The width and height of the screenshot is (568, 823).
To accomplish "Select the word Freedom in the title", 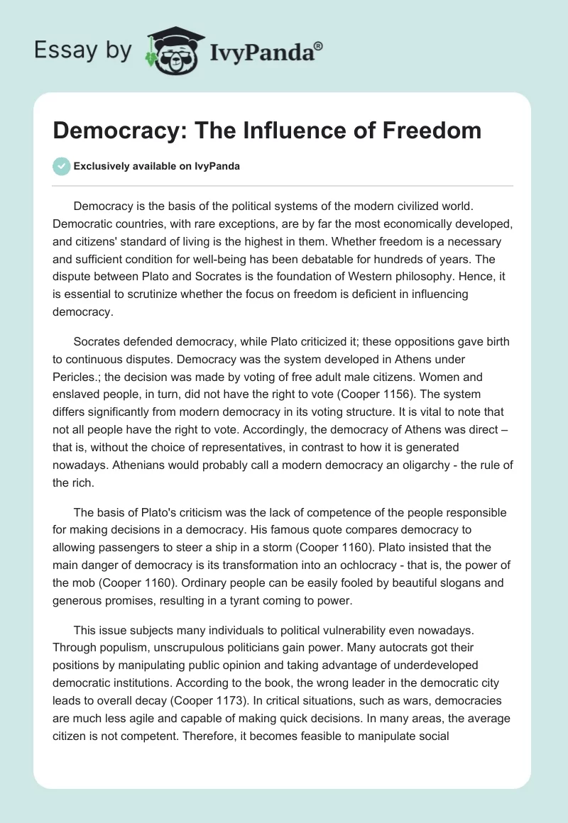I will [x=432, y=131].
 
